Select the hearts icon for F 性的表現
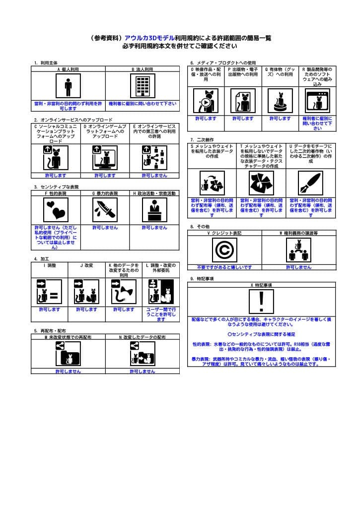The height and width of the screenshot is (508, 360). [x=55, y=210]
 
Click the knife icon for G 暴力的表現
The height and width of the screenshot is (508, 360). [x=105, y=210]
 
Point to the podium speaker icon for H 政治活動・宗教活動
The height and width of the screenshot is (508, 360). [x=154, y=210]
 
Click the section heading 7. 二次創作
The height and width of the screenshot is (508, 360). [x=202, y=140]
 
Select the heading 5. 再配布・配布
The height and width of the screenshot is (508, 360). [x=50, y=330]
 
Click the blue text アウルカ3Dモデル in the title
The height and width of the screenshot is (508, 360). [x=149, y=38]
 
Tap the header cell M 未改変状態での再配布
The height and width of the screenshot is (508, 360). [x=68, y=337]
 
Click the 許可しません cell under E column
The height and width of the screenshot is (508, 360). [x=154, y=175]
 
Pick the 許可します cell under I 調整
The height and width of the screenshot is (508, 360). [x=49, y=310]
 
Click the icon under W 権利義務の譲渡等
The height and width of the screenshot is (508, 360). [x=298, y=250]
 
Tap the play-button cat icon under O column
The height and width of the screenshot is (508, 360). [x=206, y=101]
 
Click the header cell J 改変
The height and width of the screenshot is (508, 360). [x=86, y=266]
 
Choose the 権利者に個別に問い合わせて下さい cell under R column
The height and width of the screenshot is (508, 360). [x=317, y=124]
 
